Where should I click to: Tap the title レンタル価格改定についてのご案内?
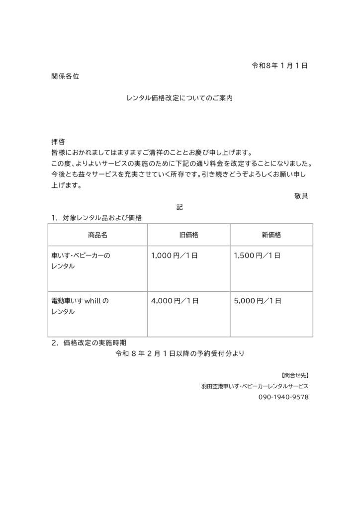tap(180, 98)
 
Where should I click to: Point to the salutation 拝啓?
tap(59, 142)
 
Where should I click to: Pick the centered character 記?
tap(180, 207)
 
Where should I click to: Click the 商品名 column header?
tap(97, 235)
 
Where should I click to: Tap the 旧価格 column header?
tap(189, 235)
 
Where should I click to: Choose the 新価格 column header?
tap(271, 235)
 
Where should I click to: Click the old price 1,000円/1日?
tap(175, 256)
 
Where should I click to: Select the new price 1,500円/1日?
tap(257, 256)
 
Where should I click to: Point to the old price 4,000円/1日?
tap(175, 301)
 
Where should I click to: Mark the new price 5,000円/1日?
tap(257, 301)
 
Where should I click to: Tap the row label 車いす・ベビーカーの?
tap(81, 256)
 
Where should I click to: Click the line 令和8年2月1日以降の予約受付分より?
tap(180, 354)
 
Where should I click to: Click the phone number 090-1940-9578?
tap(283, 398)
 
